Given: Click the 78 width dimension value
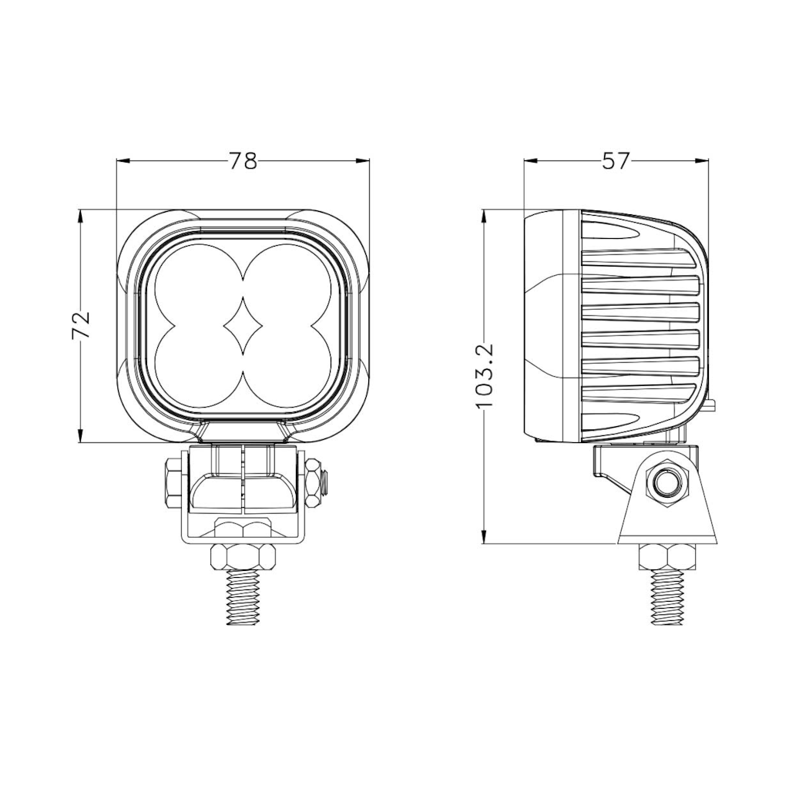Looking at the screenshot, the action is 243,161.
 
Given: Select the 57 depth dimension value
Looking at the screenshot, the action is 616,161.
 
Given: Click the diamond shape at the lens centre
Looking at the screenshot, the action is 243,326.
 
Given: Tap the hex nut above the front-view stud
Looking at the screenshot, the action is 243,556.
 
